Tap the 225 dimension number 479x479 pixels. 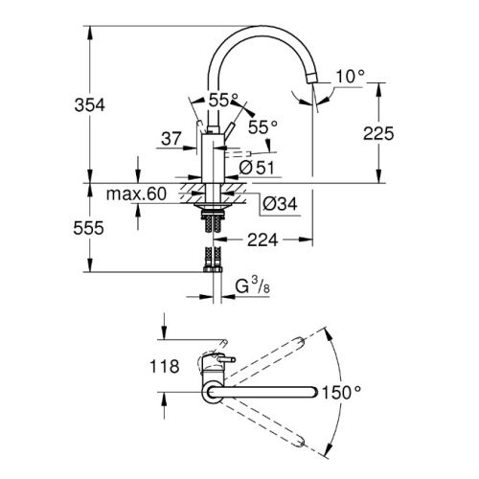tap(378, 134)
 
